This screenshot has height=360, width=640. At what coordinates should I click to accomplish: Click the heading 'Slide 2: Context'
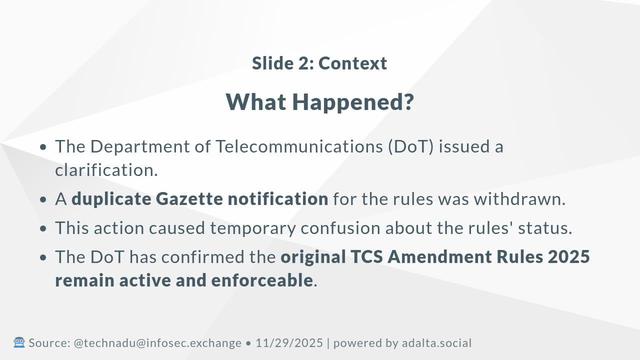coord(320,64)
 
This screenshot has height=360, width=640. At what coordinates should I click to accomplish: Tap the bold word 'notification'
coord(276,198)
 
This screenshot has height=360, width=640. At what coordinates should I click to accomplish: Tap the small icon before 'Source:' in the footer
coord(18,342)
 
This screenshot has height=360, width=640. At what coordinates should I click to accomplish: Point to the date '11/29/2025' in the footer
coord(288,342)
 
